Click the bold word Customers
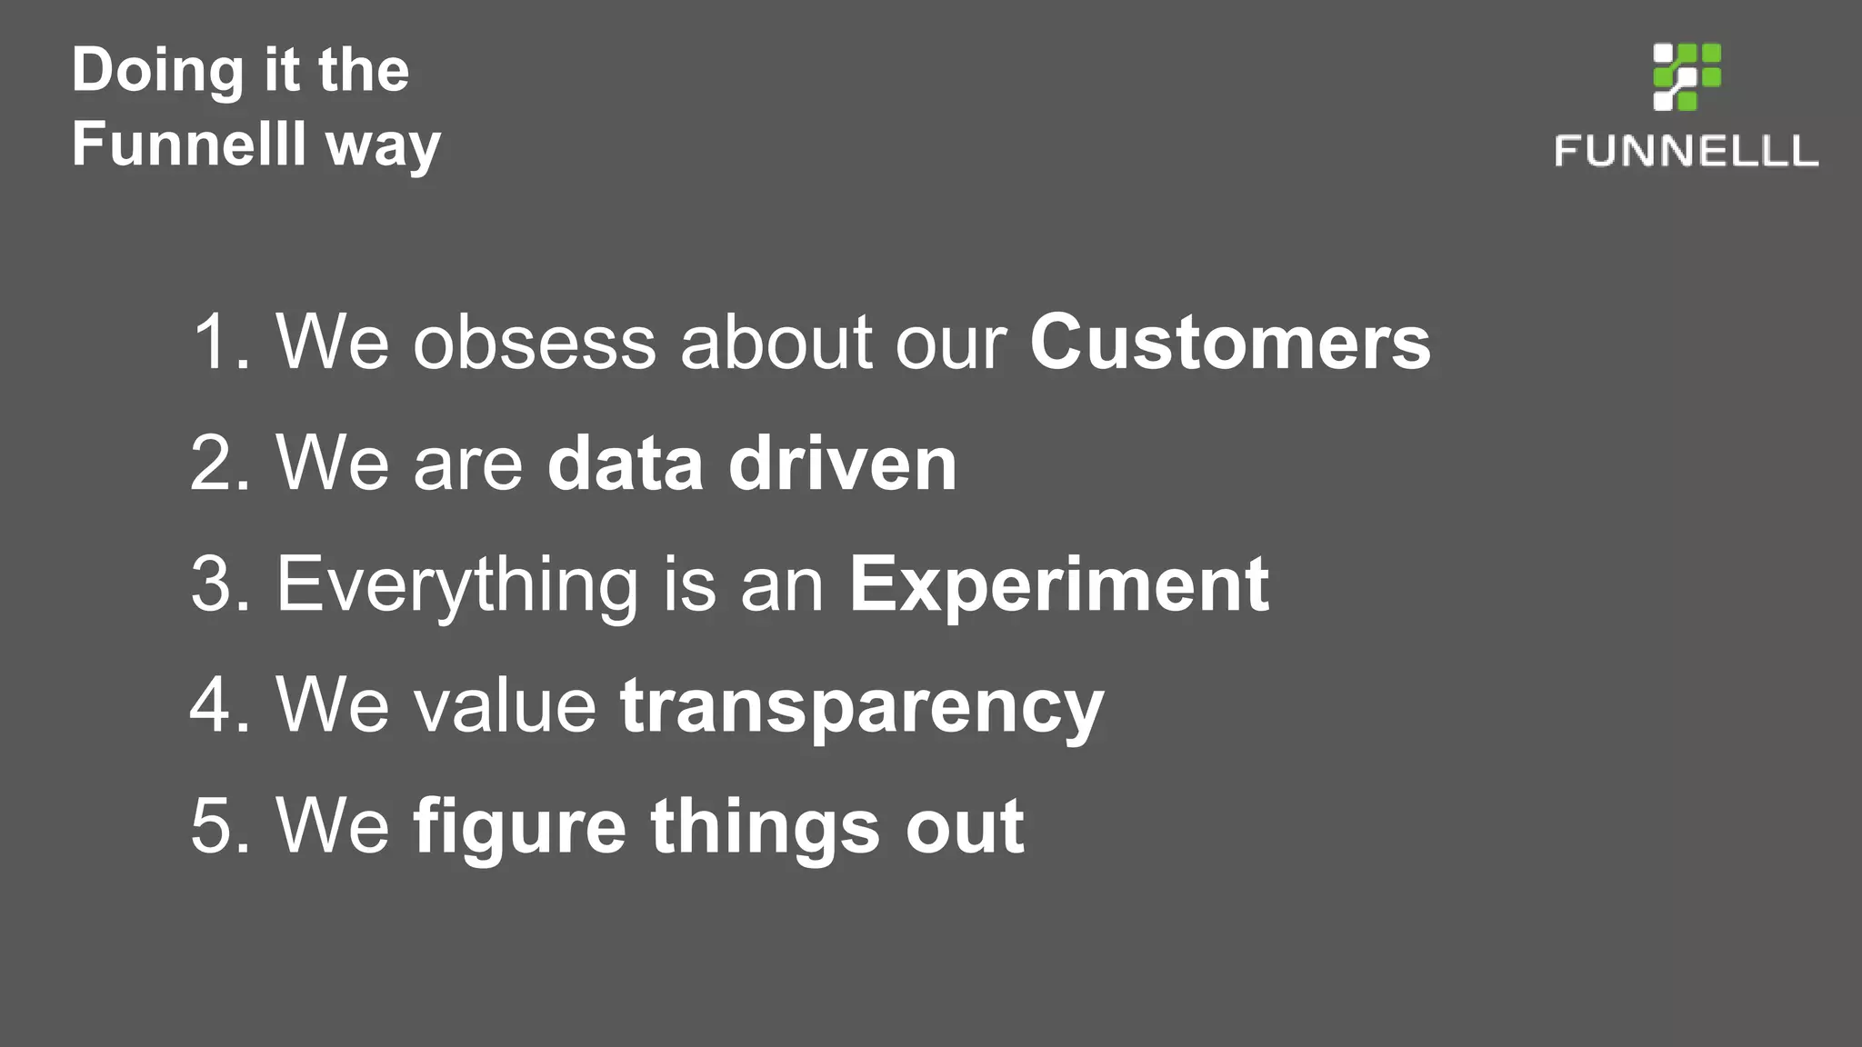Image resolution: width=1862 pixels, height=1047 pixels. (x=1229, y=343)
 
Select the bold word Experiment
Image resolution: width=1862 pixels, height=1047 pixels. (x=1058, y=584)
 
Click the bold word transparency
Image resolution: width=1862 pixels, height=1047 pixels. (x=861, y=707)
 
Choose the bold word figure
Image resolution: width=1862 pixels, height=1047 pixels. (x=519, y=828)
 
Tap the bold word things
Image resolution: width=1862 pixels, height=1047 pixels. (x=765, y=828)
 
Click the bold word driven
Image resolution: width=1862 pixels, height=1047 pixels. (x=842, y=464)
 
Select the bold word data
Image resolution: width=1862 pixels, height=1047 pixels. (x=625, y=464)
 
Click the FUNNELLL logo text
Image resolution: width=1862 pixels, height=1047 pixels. (x=1687, y=151)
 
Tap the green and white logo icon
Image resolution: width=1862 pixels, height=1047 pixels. (x=1687, y=76)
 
